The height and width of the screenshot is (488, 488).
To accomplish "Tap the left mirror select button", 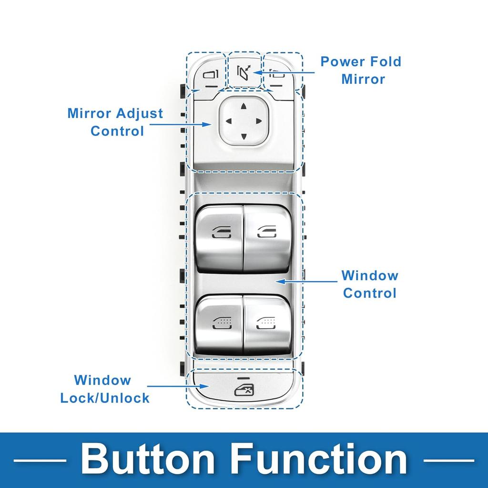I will coord(210,75).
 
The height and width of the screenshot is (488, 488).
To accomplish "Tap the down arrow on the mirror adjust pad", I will coord(244,137).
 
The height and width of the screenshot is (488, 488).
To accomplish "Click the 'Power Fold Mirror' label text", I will coord(361,70).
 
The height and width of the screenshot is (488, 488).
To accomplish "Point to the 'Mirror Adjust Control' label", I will coord(115,122).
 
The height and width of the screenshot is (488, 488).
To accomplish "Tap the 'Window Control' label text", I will coord(369,284).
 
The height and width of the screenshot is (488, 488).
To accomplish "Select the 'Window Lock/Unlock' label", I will coord(105,389).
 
